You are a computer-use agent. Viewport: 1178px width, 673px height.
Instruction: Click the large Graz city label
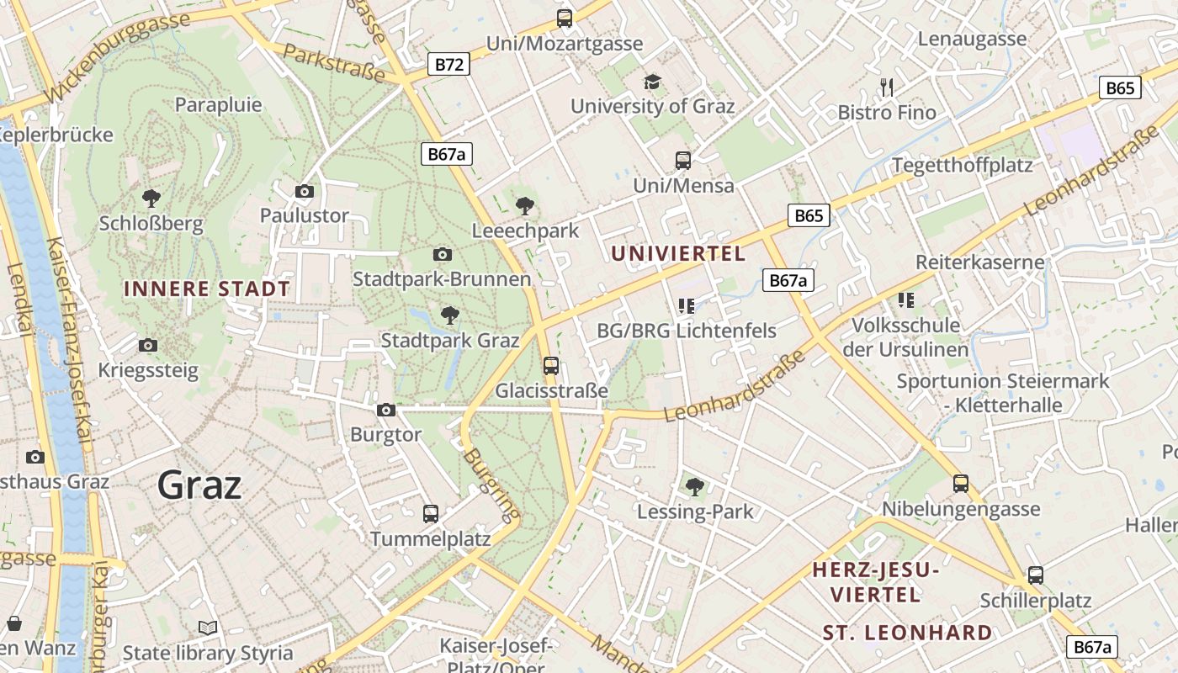tap(199, 485)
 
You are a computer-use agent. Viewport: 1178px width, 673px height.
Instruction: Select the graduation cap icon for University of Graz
tap(652, 82)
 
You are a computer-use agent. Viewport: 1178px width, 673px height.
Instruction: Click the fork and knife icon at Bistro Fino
tap(886, 87)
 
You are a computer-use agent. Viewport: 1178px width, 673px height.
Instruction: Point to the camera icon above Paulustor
tap(305, 191)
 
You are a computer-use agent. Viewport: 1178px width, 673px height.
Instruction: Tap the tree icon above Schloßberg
tap(151, 199)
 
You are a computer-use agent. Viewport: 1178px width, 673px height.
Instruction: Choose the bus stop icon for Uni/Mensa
tap(683, 160)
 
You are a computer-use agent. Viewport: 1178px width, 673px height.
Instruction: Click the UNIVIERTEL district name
tap(678, 253)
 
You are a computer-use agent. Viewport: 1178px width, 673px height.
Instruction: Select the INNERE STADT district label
tap(207, 289)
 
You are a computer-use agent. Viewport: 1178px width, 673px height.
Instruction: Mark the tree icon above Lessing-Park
tap(695, 486)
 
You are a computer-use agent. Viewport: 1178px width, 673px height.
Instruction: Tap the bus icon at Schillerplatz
tap(1036, 575)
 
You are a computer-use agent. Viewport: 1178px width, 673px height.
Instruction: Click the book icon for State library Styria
tap(208, 628)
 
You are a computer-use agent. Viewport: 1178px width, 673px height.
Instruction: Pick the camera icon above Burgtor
tap(386, 410)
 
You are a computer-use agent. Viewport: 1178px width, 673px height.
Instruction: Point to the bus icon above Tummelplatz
tap(431, 513)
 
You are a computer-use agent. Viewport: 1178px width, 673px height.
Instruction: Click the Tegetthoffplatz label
tap(962, 165)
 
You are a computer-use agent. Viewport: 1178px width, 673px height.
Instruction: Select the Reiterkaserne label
tap(979, 262)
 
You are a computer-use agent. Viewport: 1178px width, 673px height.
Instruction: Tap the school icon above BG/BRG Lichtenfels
tap(686, 305)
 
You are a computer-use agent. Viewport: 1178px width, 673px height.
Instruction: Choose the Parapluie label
tap(218, 104)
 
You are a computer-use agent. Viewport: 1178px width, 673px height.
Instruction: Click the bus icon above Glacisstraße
tap(551, 365)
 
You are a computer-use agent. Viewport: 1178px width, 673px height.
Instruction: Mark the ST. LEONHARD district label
tap(907, 633)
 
